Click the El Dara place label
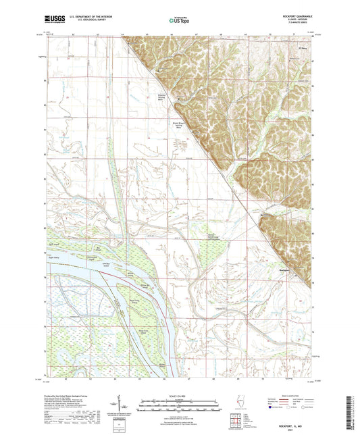pyautogui.click(x=303, y=48)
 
